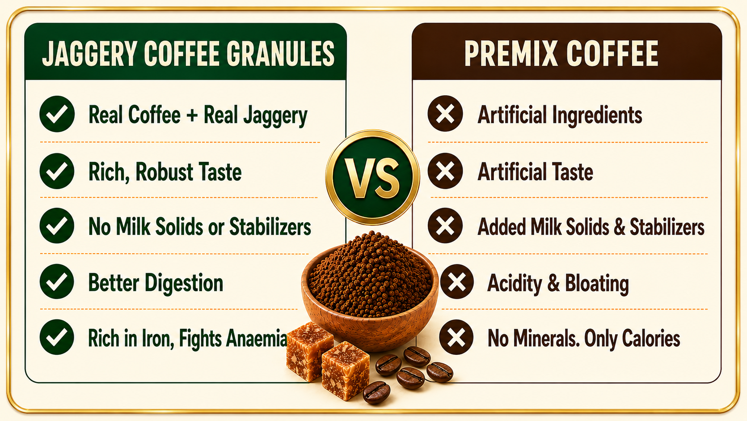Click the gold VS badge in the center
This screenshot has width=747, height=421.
click(372, 177)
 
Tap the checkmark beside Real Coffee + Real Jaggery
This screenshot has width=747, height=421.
click(57, 114)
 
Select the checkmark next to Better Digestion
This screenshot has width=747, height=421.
click(57, 281)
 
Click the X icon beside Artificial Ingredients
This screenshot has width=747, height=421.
click(445, 114)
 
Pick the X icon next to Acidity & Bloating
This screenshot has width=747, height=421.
click(457, 281)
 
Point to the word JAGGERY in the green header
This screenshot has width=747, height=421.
click(90, 53)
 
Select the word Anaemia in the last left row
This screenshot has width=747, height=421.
click(257, 338)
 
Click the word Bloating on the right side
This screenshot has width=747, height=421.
click(597, 284)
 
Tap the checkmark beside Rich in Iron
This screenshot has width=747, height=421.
click(57, 337)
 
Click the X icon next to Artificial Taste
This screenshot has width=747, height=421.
click(445, 171)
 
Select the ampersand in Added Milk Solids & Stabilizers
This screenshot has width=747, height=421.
click(619, 227)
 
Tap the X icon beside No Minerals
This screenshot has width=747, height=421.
click(456, 337)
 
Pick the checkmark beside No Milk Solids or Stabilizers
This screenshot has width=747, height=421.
click(57, 225)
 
